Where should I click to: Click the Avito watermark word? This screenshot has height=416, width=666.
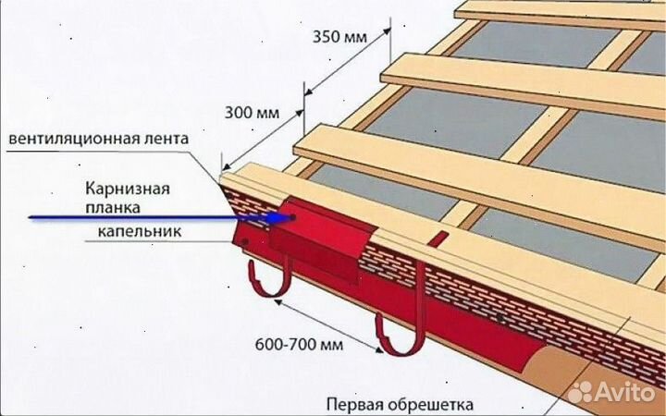pyautogui.click(x=634, y=390)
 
